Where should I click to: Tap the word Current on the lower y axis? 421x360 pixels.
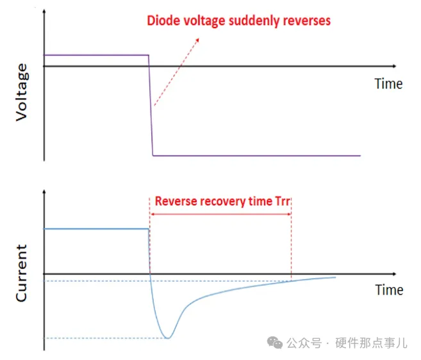(x=21, y=273)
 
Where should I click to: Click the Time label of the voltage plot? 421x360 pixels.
(x=388, y=84)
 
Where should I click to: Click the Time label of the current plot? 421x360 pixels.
(x=388, y=290)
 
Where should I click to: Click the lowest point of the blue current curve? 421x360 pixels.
(x=167, y=338)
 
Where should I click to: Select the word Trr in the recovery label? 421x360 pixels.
(x=283, y=201)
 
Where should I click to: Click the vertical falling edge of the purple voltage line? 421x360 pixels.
(x=151, y=106)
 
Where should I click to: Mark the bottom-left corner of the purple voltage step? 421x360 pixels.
(x=153, y=155)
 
